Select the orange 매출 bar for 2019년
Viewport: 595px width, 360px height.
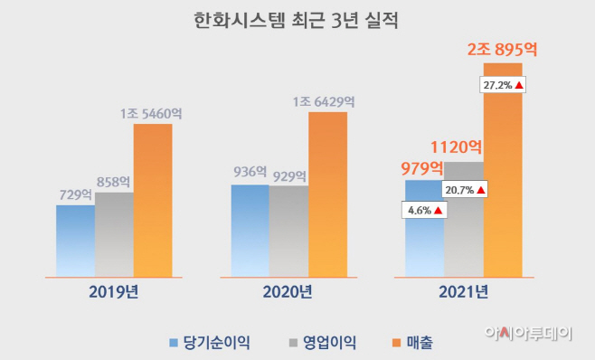(153, 199)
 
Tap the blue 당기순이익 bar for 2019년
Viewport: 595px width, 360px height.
(75, 240)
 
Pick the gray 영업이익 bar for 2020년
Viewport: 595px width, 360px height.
(288, 231)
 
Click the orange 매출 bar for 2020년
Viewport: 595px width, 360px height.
(327, 194)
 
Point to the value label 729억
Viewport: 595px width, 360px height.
(76, 194)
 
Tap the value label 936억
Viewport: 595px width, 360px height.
(249, 172)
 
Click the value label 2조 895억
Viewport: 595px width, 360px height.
(502, 50)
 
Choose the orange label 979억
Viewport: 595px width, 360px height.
(423, 167)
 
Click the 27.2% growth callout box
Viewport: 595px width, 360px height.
(503, 85)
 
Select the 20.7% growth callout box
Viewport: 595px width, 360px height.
(465, 190)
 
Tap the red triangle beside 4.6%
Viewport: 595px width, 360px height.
(438, 211)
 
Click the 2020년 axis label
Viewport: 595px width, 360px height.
(288, 291)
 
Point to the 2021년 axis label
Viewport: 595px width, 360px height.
(463, 291)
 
